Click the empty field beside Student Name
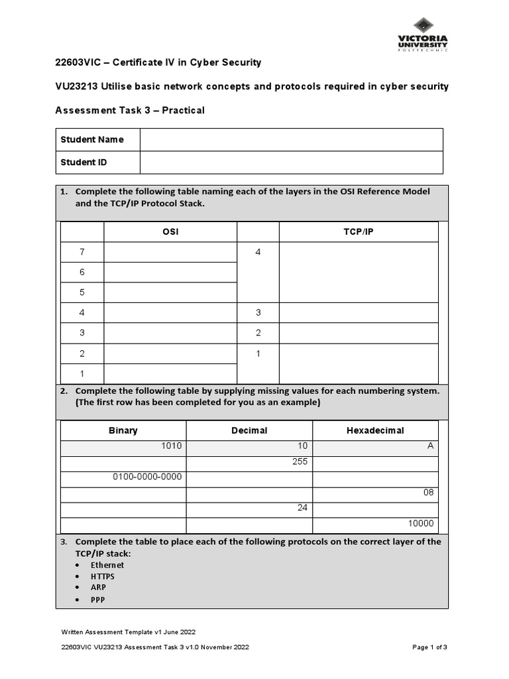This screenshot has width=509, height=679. (x=291, y=140)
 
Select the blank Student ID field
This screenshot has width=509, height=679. (x=291, y=162)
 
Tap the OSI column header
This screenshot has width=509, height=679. (x=170, y=231)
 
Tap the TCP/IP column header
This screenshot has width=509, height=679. (x=359, y=231)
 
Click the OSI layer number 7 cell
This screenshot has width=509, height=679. (x=82, y=252)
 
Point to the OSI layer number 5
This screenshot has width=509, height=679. (x=82, y=292)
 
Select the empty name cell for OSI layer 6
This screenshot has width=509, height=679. (x=170, y=272)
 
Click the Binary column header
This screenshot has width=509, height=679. (x=123, y=430)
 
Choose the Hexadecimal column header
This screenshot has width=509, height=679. (x=375, y=430)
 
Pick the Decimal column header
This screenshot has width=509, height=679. (x=249, y=430)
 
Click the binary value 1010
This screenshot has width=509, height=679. (x=171, y=446)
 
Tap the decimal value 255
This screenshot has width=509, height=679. (x=300, y=462)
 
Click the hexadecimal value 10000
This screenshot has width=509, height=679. (x=421, y=523)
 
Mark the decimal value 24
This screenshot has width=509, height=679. (x=303, y=508)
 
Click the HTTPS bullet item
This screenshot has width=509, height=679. (x=103, y=576)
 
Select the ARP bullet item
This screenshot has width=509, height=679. (x=98, y=587)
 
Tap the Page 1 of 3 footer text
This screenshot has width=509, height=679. (x=430, y=648)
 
